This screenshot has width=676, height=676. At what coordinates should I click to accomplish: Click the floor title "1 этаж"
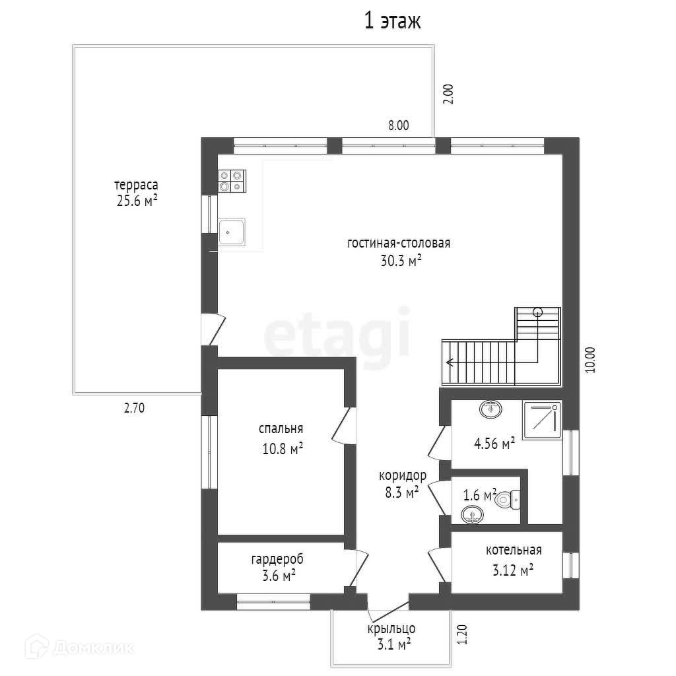click(392, 20)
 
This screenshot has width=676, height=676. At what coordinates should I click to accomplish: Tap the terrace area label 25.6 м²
click(137, 201)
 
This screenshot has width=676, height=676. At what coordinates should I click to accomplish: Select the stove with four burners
click(232, 181)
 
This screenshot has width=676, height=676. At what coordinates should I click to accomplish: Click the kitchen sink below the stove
click(232, 232)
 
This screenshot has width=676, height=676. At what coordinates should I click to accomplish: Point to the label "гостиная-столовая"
click(399, 243)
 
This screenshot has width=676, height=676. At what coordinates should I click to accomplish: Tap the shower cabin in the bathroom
click(542, 420)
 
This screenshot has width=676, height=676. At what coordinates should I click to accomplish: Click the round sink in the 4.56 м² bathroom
click(490, 409)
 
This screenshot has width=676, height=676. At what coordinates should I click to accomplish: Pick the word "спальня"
click(281, 429)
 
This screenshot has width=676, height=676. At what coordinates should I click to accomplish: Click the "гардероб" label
click(277, 559)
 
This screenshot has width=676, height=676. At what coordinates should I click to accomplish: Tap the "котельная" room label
click(514, 550)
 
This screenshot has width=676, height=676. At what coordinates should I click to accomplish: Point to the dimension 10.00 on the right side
click(590, 360)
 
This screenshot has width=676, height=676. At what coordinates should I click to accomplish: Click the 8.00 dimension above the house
click(398, 125)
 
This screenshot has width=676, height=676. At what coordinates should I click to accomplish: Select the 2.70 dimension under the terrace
click(135, 408)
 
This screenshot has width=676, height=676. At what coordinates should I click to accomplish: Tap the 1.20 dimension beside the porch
click(461, 634)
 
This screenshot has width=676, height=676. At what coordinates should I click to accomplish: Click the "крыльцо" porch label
click(391, 628)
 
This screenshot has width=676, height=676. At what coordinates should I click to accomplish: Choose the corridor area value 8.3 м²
click(402, 492)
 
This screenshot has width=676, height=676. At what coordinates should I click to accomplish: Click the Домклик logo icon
click(36, 647)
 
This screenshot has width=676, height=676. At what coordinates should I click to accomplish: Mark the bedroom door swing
click(343, 425)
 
